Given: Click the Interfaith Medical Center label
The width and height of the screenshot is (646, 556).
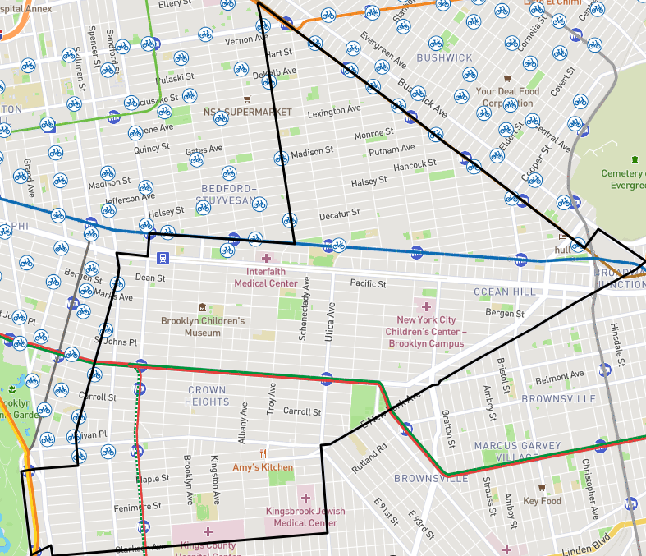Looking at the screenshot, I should (265, 278).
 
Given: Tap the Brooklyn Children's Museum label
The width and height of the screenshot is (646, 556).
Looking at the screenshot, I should (190, 327).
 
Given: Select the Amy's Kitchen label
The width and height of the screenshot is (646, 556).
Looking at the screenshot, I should (263, 466).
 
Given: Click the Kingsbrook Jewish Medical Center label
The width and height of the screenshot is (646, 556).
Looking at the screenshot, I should (305, 517).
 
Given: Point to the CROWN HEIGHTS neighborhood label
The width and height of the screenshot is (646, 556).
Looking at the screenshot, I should (208, 396).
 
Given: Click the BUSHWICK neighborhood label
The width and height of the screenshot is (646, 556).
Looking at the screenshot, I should (444, 58).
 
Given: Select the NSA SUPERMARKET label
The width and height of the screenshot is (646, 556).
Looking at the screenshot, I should (247, 112).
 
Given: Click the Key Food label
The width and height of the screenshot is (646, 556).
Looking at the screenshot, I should (542, 501).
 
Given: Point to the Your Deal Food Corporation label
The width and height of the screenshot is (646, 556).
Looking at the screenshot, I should (507, 98).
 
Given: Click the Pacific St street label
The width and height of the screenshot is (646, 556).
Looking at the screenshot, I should (368, 283).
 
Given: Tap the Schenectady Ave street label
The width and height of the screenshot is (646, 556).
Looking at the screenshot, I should (305, 309).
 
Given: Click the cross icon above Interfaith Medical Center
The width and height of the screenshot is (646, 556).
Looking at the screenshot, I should (265, 259).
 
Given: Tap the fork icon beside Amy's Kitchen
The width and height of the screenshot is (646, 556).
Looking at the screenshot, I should (263, 453).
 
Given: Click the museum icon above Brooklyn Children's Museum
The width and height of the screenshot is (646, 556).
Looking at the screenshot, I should (202, 307).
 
